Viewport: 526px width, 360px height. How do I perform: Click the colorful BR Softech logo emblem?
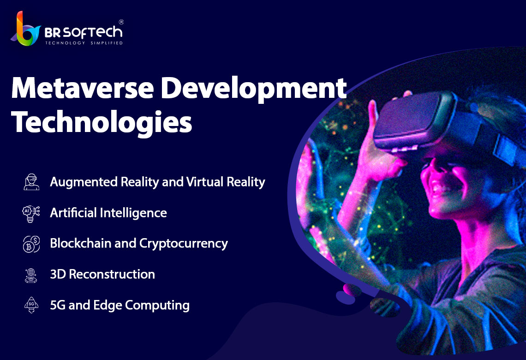[x=25, y=29]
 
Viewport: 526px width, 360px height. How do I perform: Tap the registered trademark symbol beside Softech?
[x=121, y=22]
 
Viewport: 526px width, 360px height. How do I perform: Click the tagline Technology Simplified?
[x=84, y=43]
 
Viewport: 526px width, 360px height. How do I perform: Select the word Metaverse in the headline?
[x=83, y=88]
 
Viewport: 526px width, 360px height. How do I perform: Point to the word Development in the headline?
[x=253, y=90]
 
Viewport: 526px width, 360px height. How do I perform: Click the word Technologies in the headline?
[x=102, y=122]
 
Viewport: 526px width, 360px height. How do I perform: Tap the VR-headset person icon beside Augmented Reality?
[x=31, y=182]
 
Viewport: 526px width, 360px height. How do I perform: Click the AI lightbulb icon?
[x=31, y=214]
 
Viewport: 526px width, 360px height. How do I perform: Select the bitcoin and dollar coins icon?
[x=31, y=244]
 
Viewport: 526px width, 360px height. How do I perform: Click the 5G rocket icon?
[x=31, y=305]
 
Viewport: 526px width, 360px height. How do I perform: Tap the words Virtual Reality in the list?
[x=226, y=182]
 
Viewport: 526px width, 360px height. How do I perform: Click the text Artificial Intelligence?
[x=108, y=213]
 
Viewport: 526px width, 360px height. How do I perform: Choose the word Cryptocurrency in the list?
[x=184, y=244]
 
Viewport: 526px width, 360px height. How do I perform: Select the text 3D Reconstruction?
[x=102, y=275]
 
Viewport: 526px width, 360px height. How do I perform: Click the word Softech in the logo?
[x=93, y=33]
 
